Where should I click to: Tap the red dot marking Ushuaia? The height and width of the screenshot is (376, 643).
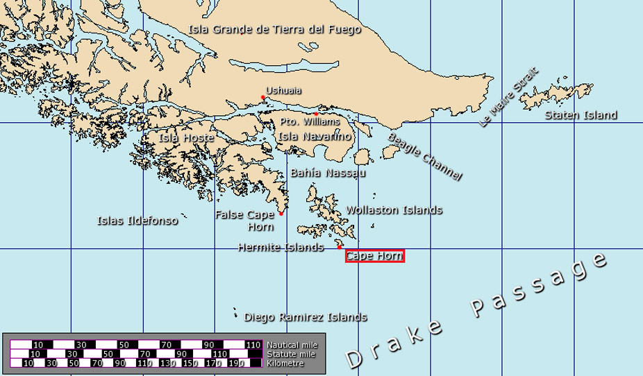pyautogui.click(x=262, y=97)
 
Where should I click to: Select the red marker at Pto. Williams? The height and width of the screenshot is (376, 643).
pyautogui.click(x=316, y=114)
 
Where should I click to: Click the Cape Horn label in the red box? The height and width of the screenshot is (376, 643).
pyautogui.click(x=374, y=256)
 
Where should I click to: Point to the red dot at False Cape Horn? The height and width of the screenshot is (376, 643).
pyautogui.click(x=281, y=214)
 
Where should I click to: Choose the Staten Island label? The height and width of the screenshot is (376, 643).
pyautogui.click(x=581, y=115)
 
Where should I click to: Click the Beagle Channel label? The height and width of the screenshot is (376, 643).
pyautogui.click(x=424, y=157)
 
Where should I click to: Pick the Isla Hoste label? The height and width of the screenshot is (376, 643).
pyautogui.click(x=186, y=137)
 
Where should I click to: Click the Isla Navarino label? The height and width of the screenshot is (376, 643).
pyautogui.click(x=315, y=137)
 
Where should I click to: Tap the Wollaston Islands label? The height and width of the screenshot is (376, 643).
pyautogui.click(x=394, y=210)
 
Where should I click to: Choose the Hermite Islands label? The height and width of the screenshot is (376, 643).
pyautogui.click(x=281, y=247)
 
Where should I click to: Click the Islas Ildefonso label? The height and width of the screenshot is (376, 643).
pyautogui.click(x=137, y=221)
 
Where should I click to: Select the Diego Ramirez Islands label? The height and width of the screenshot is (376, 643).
pyautogui.click(x=306, y=317)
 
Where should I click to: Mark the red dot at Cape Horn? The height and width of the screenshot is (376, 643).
pyautogui.click(x=340, y=247)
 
